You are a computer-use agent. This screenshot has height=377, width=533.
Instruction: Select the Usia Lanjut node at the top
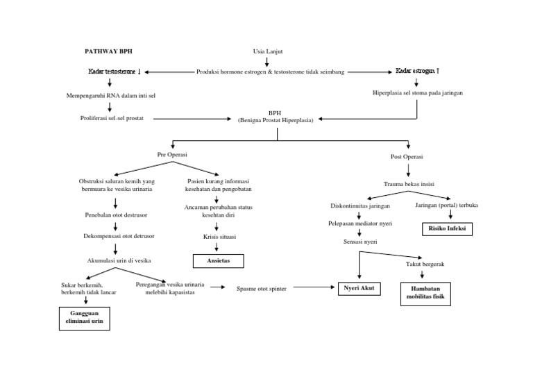pos(267,51)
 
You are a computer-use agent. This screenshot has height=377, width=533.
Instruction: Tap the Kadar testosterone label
pos(114,72)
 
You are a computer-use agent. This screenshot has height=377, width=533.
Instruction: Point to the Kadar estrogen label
pos(417,71)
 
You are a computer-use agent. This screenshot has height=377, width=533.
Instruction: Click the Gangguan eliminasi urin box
pos(84,318)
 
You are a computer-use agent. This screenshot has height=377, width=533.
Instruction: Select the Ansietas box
pos(217,260)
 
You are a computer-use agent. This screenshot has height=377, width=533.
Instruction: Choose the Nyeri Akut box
pos(358,287)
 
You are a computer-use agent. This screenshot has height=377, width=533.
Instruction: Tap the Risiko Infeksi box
pos(448,228)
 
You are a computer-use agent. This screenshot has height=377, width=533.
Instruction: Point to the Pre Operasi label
pos(173,154)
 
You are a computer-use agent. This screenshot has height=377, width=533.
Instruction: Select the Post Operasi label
pos(408,157)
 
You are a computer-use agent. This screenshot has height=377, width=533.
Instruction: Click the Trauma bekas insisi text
pos(408,184)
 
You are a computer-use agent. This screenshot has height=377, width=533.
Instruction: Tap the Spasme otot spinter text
pos(262,288)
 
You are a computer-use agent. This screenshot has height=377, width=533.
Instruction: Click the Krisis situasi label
pos(217,236)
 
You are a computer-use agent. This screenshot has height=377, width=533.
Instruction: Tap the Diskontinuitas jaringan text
pos(359,206)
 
